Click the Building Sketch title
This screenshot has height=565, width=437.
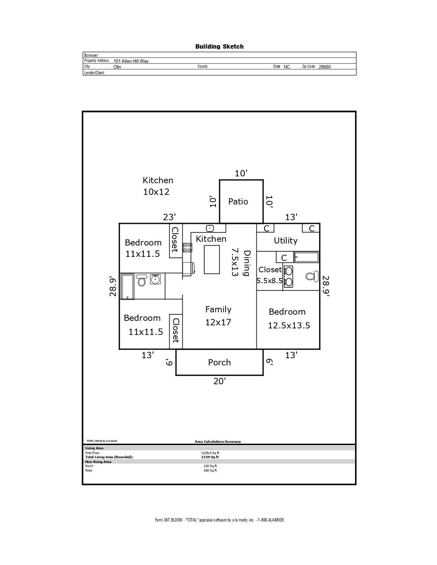point(219,46)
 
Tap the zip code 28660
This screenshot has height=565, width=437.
point(325,67)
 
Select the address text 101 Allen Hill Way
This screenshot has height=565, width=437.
point(131,61)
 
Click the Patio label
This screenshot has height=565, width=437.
point(238,202)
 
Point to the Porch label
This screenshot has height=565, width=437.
point(219,362)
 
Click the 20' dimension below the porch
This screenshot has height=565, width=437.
point(219,381)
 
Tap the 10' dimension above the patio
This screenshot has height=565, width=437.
point(241,173)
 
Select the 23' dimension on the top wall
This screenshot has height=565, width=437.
point(169,217)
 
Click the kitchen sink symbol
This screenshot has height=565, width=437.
point(210,228)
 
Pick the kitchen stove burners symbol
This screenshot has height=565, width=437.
point(187,248)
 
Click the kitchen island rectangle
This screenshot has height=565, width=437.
point(211,259)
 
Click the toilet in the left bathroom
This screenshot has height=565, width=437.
point(141,280)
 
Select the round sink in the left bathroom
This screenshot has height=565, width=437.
point(155,279)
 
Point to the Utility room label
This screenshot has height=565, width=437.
point(286,241)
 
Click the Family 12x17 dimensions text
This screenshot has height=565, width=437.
point(218,322)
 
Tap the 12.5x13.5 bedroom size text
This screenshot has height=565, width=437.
point(289,326)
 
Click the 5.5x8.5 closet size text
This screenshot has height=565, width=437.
point(269,281)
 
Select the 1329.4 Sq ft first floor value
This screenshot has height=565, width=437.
point(210,453)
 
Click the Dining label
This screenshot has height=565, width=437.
point(247,263)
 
